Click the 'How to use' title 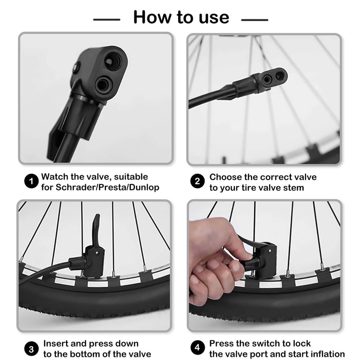coord(181,17)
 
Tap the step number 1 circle coord(31,182)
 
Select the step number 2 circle coord(197,182)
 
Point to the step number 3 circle coord(31,349)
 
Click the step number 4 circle coord(197,349)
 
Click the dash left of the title coord(107,19)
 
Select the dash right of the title coord(255,19)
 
